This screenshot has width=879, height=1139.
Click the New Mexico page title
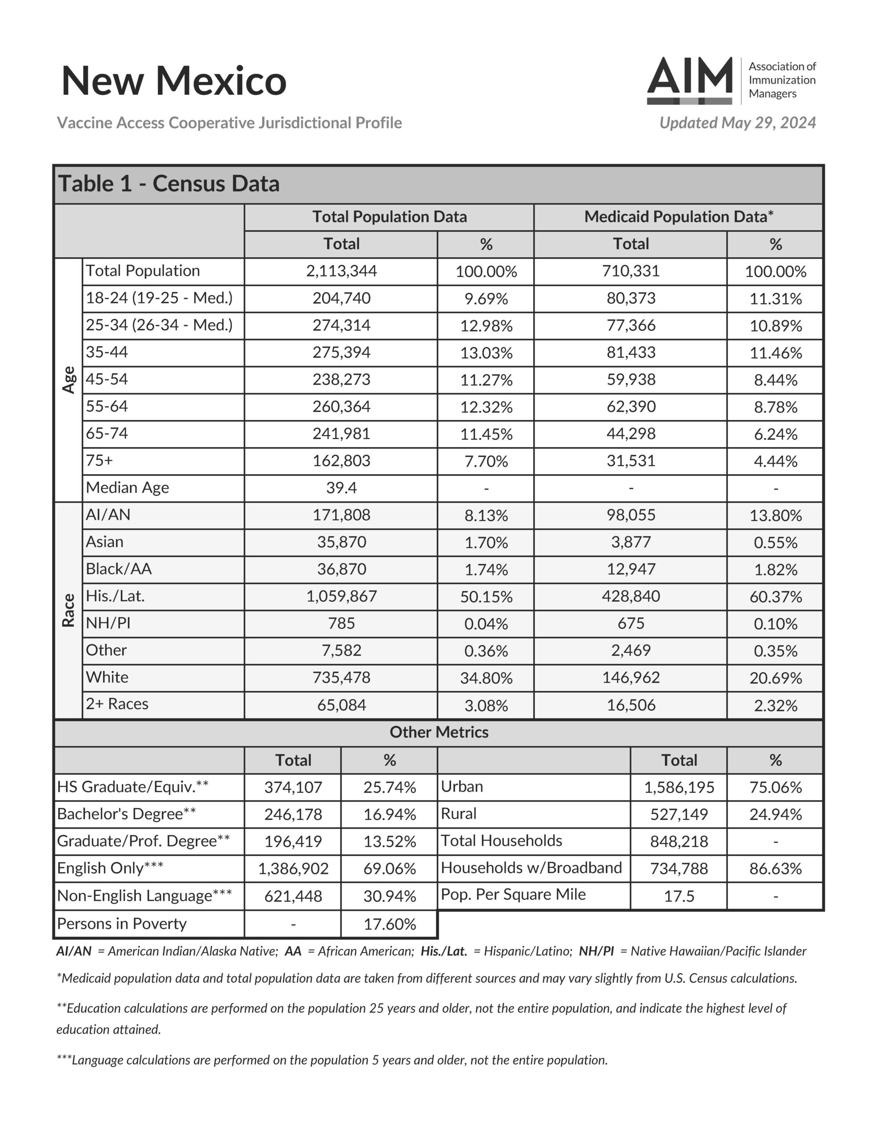pyautogui.click(x=174, y=81)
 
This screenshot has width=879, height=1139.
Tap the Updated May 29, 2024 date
pyautogui.click(x=737, y=122)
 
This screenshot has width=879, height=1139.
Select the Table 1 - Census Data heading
pyautogui.click(x=169, y=184)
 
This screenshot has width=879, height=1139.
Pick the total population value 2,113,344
pyautogui.click(x=341, y=271)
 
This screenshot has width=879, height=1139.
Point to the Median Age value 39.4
pyautogui.click(x=341, y=488)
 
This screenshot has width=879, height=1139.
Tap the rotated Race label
pyautogui.click(x=69, y=610)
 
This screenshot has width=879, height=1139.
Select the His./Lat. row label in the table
pyautogui.click(x=115, y=596)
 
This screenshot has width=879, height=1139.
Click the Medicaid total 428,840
pyautogui.click(x=631, y=596)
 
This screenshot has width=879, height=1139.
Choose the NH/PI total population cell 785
pyautogui.click(x=341, y=623)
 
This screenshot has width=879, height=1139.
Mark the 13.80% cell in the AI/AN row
pyautogui.click(x=775, y=515)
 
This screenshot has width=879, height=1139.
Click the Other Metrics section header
pyautogui.click(x=439, y=732)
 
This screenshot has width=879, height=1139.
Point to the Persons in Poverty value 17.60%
pyautogui.click(x=389, y=924)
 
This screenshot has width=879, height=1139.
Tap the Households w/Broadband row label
pyautogui.click(x=531, y=868)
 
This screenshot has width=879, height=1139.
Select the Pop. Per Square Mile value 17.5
pyautogui.click(x=679, y=896)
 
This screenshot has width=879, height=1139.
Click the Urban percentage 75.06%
pyautogui.click(x=775, y=787)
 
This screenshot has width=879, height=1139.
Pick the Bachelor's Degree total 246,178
pyautogui.click(x=293, y=814)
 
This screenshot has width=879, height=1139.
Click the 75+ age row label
pyautogui.click(x=100, y=460)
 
